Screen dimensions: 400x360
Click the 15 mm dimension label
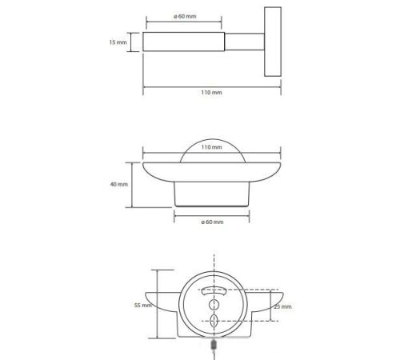[118, 42]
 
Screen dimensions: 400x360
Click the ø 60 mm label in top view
[185, 16]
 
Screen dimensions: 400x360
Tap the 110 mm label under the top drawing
[211, 92]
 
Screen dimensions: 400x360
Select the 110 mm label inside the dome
[211, 147]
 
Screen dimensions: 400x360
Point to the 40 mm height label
[119, 184]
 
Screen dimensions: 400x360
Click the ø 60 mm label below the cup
[212, 222]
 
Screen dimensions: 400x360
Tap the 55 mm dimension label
[143, 305]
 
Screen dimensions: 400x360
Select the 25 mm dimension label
[283, 306]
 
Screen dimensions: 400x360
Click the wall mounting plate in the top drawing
[273, 42]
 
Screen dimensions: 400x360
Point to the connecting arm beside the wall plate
[245, 42]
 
